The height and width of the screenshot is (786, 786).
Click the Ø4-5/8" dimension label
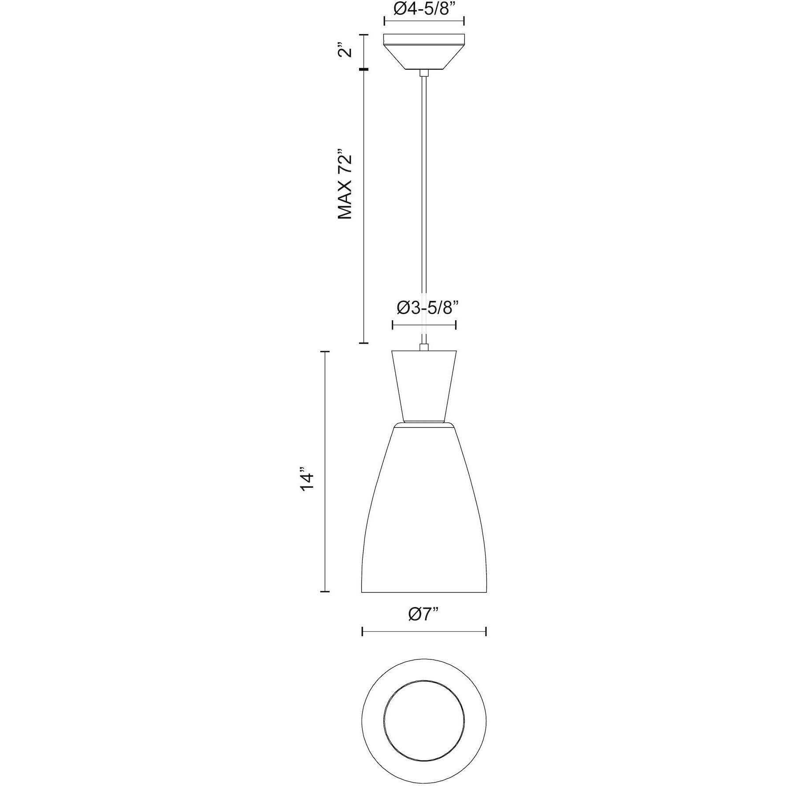(424, 9)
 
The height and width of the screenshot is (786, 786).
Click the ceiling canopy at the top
(424, 52)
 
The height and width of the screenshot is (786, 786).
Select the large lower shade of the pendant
(424, 509)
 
